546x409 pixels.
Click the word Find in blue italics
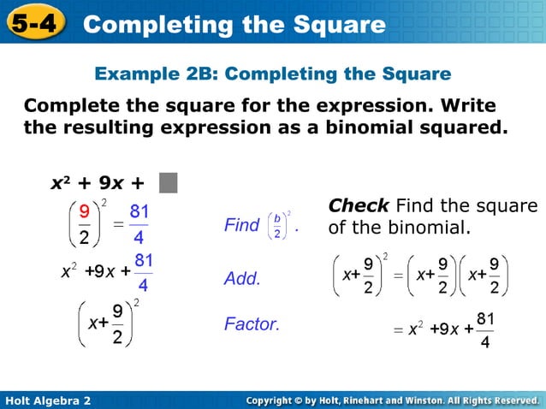[241, 225]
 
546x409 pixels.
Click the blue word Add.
[241, 279]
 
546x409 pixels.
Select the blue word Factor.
[252, 324]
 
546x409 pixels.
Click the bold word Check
[359, 206]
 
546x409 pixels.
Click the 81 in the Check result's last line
[485, 318]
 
